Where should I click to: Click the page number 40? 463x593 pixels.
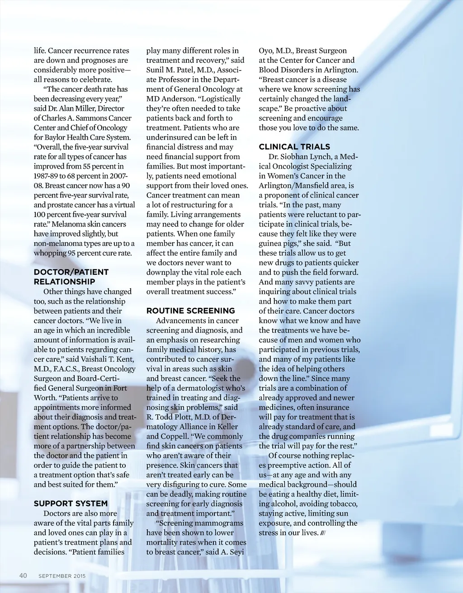point(23,575)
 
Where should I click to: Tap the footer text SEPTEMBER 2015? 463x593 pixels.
point(62,576)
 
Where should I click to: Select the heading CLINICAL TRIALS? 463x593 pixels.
point(294,147)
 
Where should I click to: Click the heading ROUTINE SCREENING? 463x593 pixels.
point(190,311)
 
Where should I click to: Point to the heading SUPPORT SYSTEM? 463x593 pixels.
point(71,504)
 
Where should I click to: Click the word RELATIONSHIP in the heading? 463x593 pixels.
point(64,282)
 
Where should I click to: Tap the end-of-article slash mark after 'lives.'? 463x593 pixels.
point(323,533)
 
